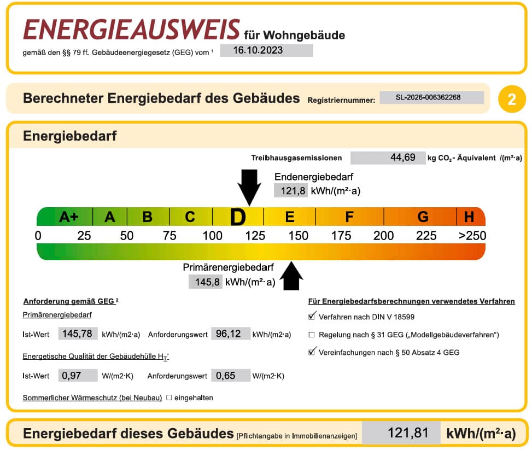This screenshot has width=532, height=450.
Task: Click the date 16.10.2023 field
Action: click(266, 50)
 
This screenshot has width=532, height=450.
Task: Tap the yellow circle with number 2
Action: click(512, 99)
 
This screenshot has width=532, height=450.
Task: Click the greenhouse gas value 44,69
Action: click(388, 157)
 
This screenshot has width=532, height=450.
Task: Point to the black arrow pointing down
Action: click(249, 187)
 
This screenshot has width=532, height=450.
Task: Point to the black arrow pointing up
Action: click(291, 276)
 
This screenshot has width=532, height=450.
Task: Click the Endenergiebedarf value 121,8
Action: click(291, 191)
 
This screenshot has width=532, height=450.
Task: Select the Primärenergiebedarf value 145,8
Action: click(205, 282)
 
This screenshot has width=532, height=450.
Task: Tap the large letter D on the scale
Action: click(238, 217)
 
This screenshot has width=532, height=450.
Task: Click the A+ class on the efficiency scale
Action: click(69, 217)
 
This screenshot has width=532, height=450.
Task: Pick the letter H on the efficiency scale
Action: click(469, 217)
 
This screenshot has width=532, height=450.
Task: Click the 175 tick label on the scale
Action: click(341, 236)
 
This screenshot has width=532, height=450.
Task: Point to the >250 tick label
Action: click(472, 236)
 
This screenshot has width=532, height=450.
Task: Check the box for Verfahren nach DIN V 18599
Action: click(312, 316)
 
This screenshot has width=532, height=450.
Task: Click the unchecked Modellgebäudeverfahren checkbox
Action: click(312, 335)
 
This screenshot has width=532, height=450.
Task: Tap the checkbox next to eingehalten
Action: click(169, 398)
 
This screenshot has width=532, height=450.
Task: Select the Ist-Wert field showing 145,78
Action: click(78, 334)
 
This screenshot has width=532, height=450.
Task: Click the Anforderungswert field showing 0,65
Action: click(231, 375)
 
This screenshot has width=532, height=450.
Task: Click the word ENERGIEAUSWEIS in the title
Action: click(132, 30)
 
